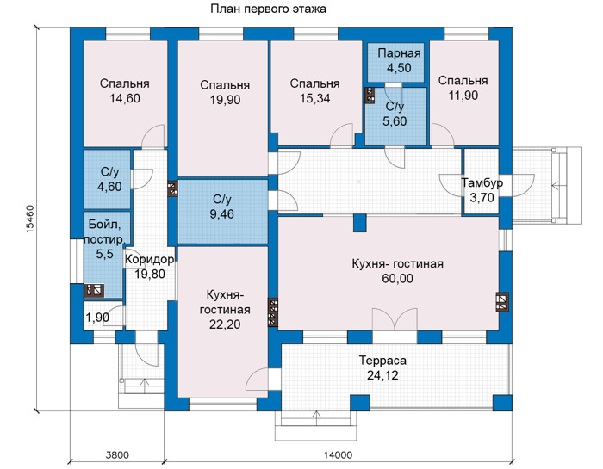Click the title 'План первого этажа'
click(268, 9)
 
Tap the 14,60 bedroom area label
click(125, 98)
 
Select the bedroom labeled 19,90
click(225, 92)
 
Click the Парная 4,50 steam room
click(399, 60)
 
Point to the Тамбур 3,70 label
click(482, 190)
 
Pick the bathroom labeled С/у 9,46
click(222, 207)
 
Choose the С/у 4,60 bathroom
click(109, 179)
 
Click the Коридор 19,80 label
click(150, 267)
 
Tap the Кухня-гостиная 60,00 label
click(398, 271)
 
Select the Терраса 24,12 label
click(382, 367)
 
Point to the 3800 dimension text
click(117, 455)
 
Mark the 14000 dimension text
click(338, 455)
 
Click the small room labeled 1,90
click(97, 318)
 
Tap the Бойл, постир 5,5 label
click(104, 239)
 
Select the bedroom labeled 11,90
click(463, 88)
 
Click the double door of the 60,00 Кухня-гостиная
click(395, 318)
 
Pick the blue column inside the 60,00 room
click(360, 223)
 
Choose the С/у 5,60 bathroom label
click(395, 114)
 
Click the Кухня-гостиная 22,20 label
click(225, 310)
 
